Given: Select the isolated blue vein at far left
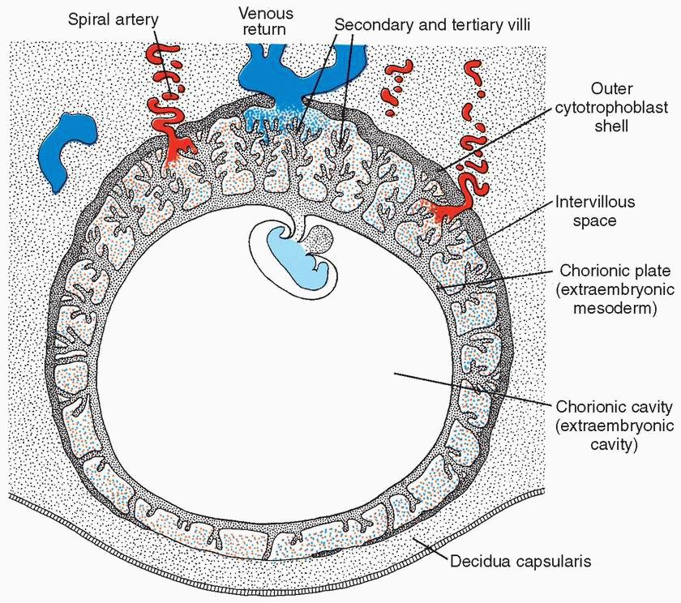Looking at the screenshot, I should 71,146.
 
